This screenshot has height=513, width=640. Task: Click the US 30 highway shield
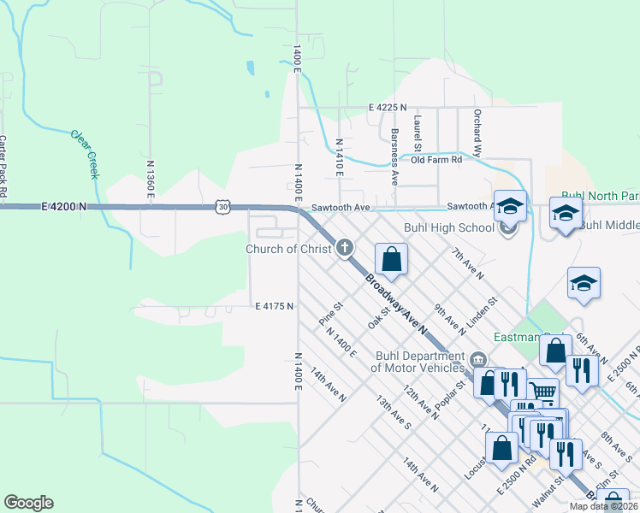click(223, 207)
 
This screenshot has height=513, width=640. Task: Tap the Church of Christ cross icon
click(345, 249)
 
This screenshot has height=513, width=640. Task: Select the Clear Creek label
click(86, 154)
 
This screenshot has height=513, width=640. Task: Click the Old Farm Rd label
click(436, 160)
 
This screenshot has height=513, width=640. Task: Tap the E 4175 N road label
click(274, 305)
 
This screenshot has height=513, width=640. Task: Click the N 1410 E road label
click(340, 157)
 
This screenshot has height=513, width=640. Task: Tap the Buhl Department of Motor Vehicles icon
click(477, 358)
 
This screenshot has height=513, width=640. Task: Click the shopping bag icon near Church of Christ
click(391, 260)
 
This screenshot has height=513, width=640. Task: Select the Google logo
click(28, 503)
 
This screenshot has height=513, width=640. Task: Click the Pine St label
click(330, 312)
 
